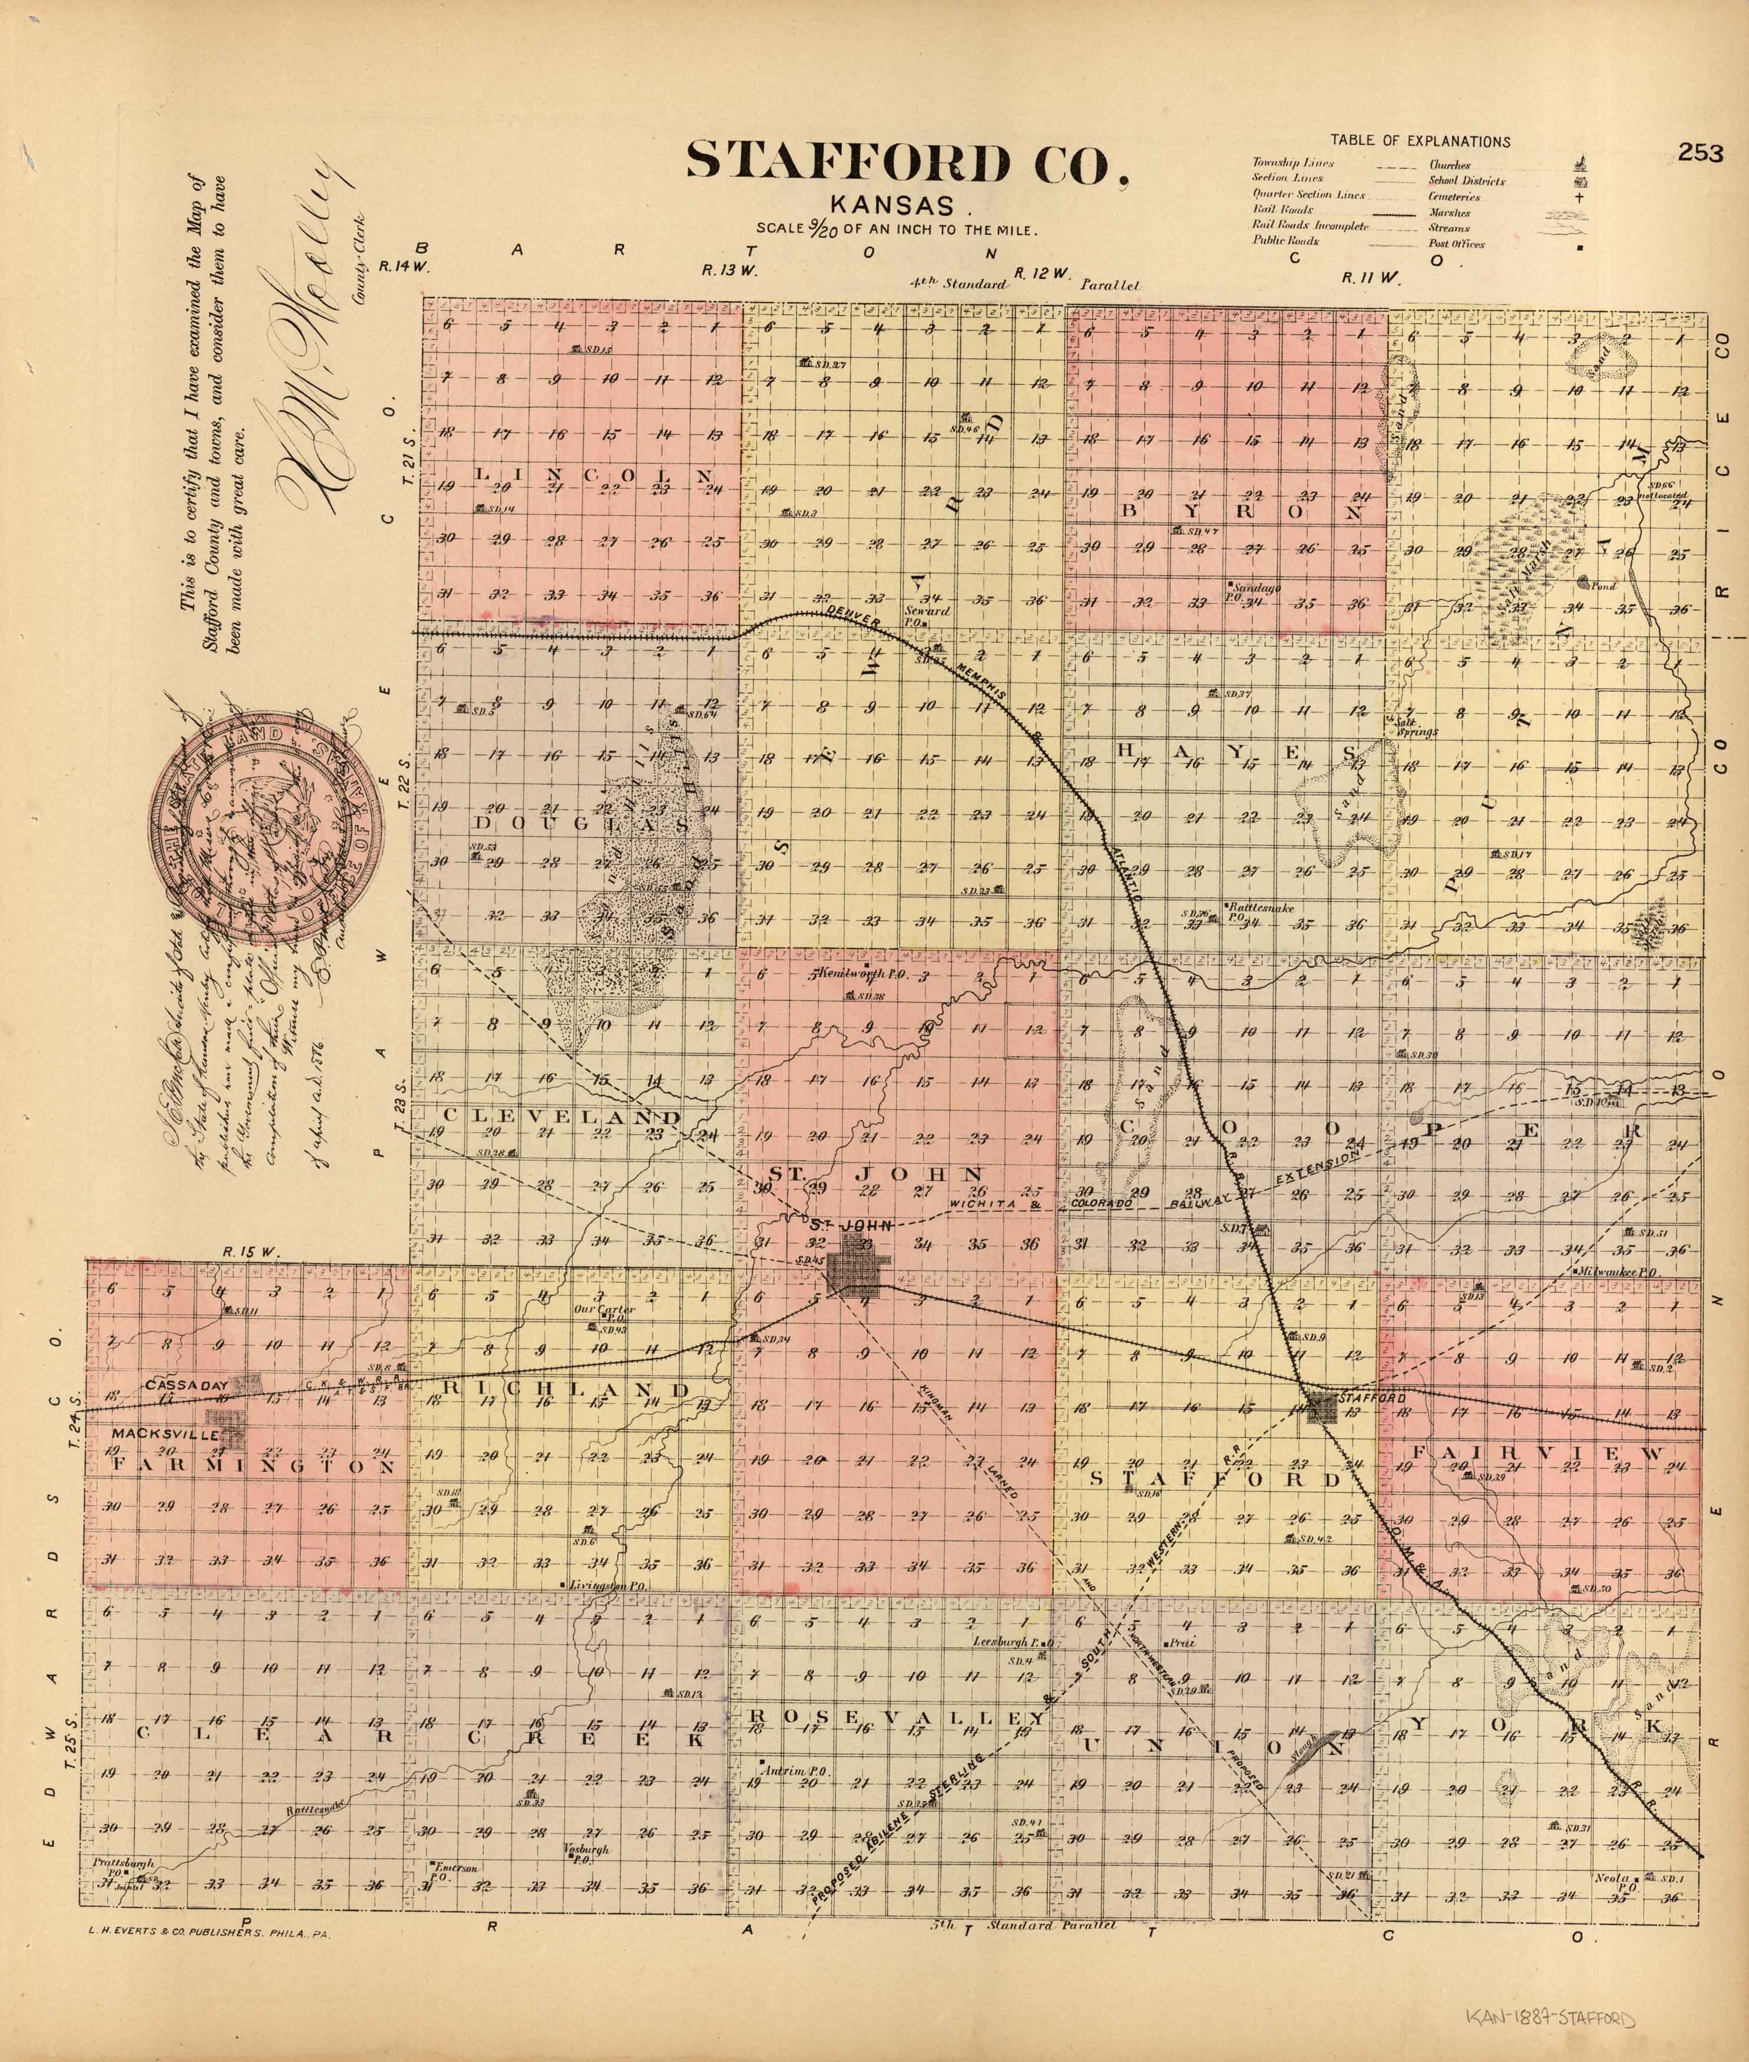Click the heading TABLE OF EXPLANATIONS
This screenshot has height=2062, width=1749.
[1420, 142]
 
